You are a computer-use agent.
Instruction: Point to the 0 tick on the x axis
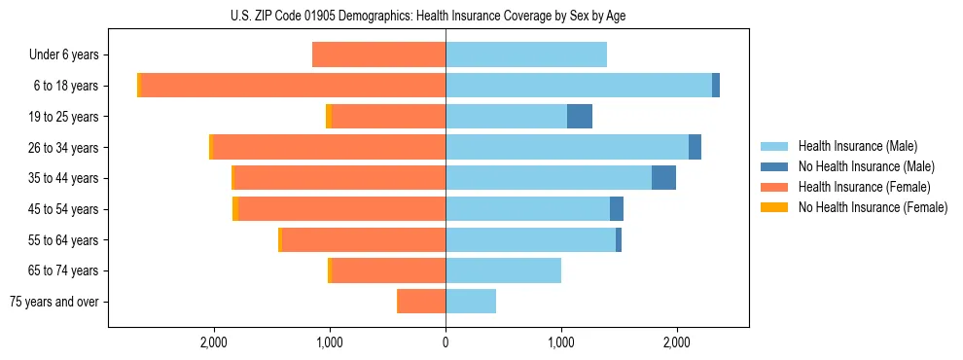446,342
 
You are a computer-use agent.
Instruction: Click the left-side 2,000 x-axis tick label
213,342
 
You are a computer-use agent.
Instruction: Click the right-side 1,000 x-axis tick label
561,342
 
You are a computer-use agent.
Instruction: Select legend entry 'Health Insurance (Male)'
857,146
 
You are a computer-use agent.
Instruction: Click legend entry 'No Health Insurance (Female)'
873,207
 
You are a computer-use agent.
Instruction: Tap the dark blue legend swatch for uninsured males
775,166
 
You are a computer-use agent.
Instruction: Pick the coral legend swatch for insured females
775,187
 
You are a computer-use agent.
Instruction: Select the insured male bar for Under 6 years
526,55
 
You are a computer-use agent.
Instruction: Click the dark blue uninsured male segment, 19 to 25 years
580,117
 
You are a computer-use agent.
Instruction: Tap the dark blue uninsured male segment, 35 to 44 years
663,178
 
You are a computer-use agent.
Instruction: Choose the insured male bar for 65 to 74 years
503,270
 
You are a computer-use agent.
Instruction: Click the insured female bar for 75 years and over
421,302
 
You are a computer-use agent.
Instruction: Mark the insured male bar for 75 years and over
471,302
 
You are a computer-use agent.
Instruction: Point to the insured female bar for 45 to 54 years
341,209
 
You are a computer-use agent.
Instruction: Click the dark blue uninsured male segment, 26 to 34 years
695,148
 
